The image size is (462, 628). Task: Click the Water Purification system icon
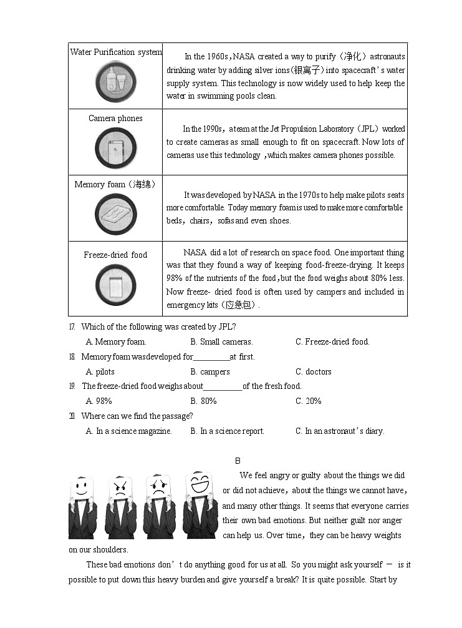pos(116,82)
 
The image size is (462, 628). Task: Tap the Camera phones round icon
pos(116,149)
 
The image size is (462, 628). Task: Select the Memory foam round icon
pos(116,213)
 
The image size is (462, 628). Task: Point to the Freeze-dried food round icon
pos(116,285)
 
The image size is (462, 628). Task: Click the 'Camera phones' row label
pos(115,118)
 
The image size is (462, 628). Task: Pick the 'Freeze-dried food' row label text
pos(115,255)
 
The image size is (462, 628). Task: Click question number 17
pos(72,326)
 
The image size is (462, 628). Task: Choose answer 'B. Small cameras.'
pos(221,341)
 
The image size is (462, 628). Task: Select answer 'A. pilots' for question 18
pos(100,371)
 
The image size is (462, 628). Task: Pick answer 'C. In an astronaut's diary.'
pos(340,431)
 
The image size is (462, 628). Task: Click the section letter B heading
pos(238,461)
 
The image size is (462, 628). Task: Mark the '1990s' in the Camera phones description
pos(211,129)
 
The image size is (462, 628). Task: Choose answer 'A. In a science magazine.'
pos(128,431)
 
